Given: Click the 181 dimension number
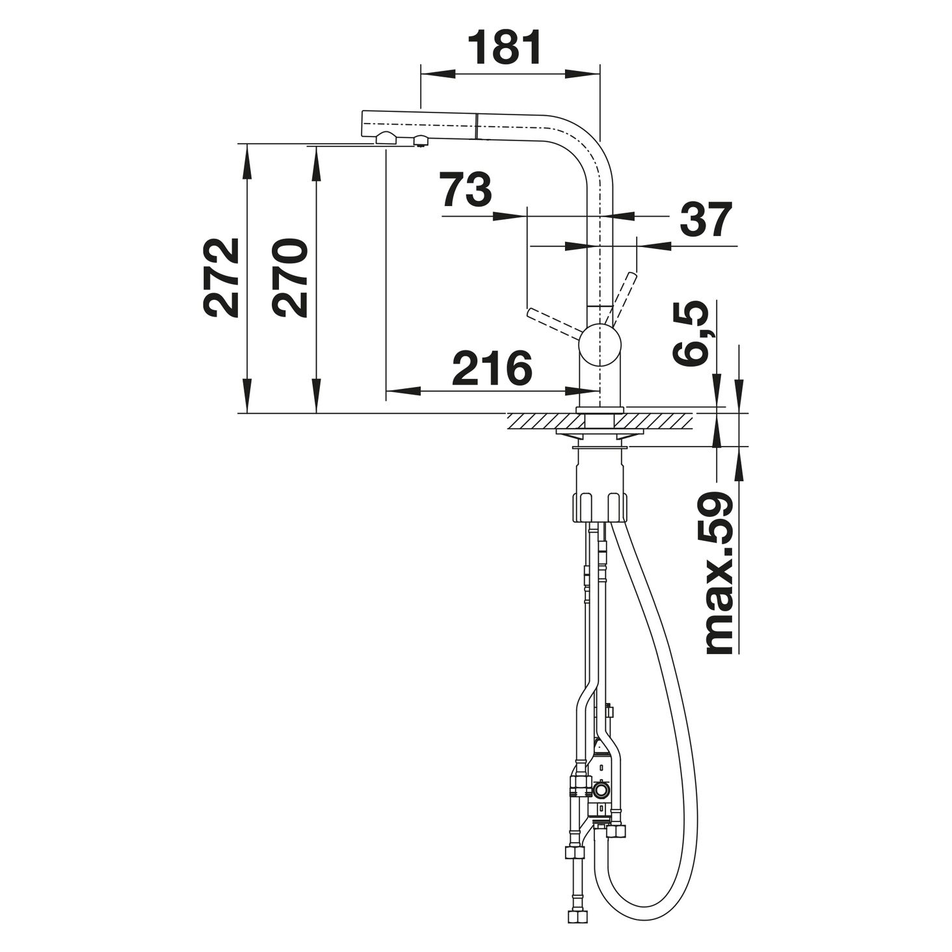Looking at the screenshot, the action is [x=503, y=47].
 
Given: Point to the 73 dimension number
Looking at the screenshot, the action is [x=467, y=189].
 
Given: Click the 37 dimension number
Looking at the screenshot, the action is [x=706, y=220].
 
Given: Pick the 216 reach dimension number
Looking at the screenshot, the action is [x=492, y=368].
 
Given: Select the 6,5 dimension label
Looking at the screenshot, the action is [x=690, y=334].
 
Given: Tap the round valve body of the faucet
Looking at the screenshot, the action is [x=600, y=346].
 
